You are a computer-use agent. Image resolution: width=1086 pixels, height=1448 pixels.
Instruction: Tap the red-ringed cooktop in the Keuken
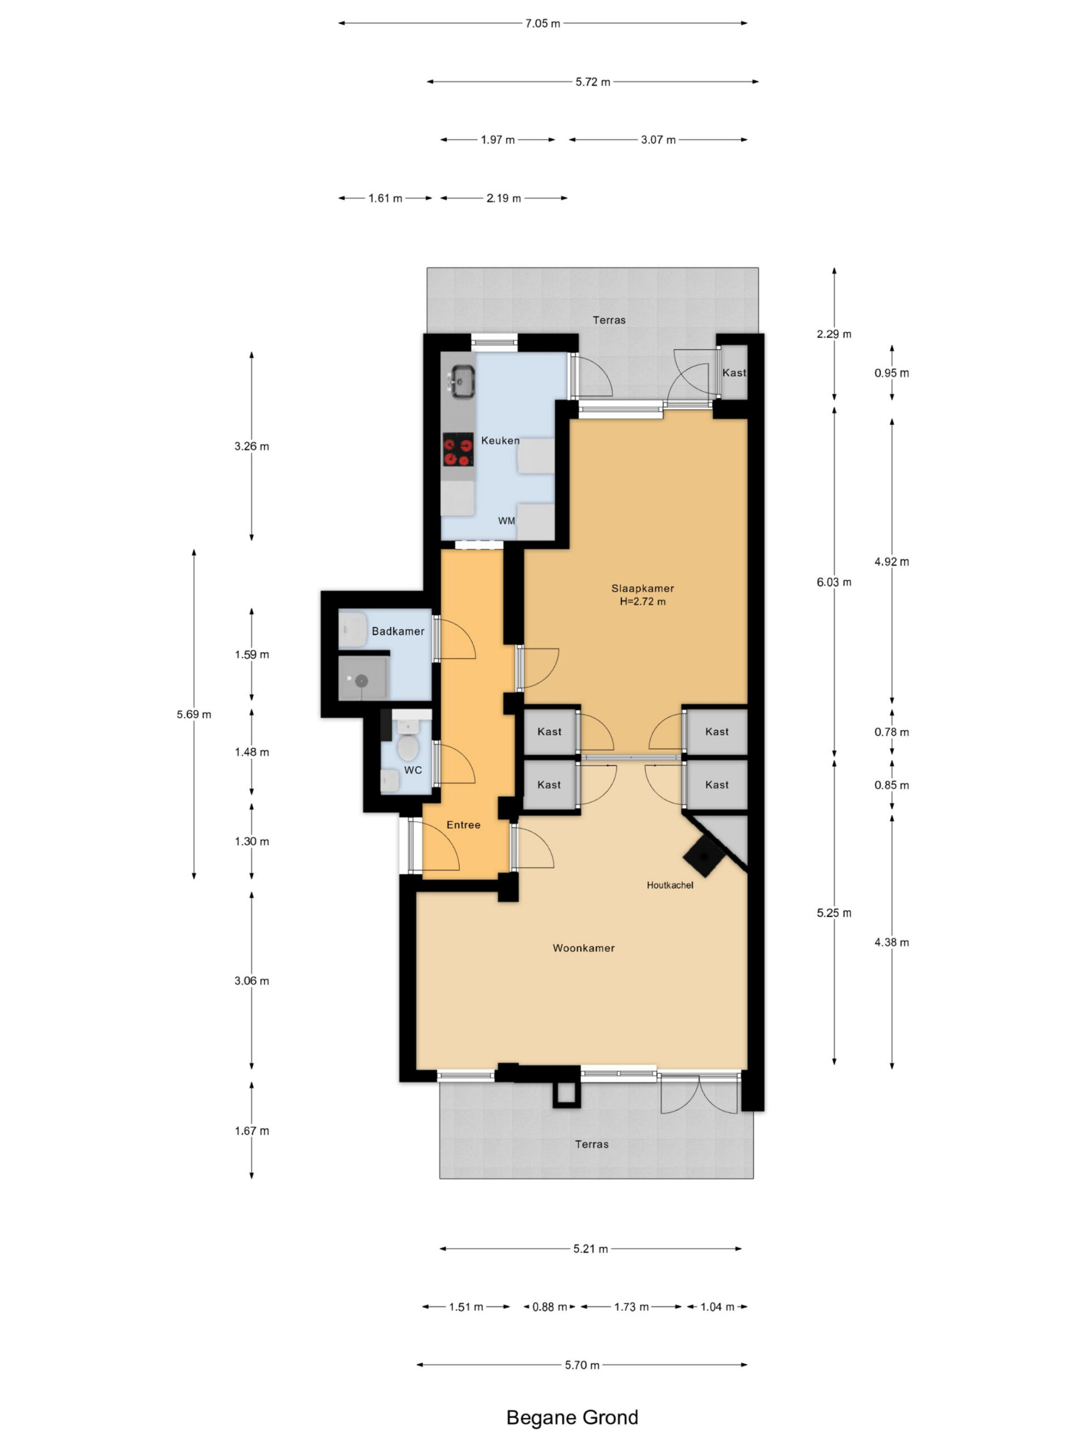click(458, 450)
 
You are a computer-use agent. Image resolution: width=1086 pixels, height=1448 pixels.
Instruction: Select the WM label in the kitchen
click(506, 521)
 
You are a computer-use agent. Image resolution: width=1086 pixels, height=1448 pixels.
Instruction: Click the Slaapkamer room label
click(642, 588)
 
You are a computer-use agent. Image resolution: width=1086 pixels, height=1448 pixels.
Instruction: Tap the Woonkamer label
click(583, 948)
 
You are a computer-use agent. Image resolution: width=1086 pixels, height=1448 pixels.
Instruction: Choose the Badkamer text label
click(398, 631)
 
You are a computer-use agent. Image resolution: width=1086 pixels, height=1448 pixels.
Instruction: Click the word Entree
click(463, 825)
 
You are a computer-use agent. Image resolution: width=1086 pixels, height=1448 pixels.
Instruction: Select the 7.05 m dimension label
click(542, 24)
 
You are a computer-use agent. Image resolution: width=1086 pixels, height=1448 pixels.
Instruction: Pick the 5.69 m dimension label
click(194, 714)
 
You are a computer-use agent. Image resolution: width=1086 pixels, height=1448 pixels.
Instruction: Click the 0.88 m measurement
click(549, 1307)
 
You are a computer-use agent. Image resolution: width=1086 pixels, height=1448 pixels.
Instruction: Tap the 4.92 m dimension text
click(891, 562)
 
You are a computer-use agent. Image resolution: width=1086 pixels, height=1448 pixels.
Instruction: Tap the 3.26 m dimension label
click(251, 446)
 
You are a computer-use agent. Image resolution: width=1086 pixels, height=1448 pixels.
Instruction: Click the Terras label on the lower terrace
click(592, 1144)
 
